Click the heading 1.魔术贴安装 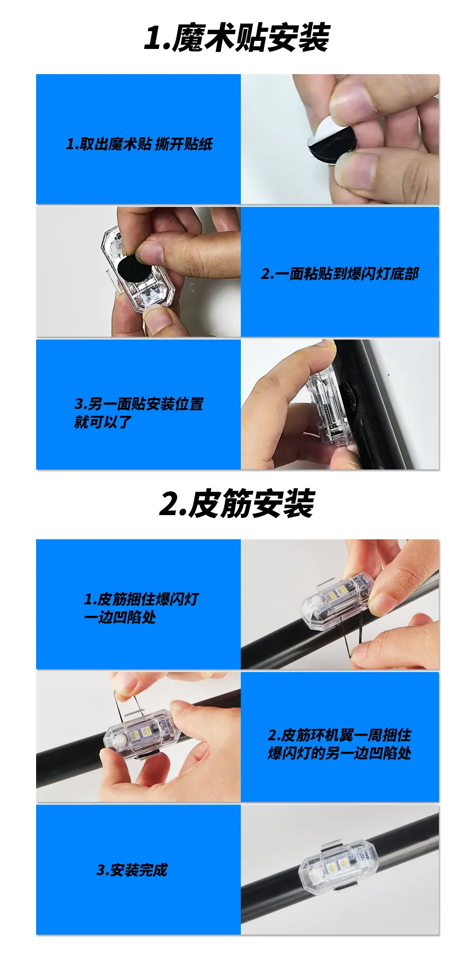[237, 38]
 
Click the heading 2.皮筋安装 [237, 503]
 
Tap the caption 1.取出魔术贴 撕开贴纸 [139, 144]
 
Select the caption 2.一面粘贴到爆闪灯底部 [340, 274]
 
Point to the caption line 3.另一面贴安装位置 [139, 404]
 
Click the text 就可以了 [103, 421]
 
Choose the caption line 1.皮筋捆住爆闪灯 [141, 599]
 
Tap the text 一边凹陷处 [120, 617]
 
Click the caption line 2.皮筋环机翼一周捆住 [340, 735]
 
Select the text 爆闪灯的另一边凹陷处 [340, 753]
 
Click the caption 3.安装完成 [132, 870]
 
